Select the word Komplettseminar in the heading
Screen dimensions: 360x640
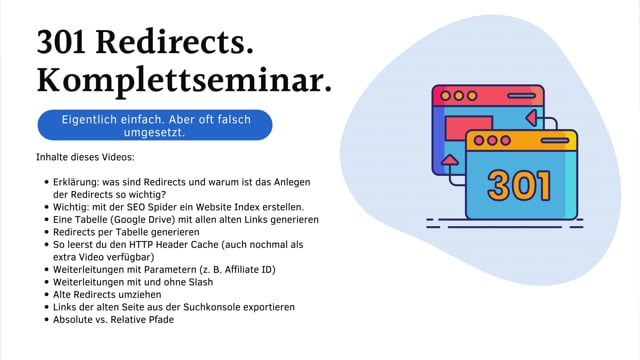tap(184, 83)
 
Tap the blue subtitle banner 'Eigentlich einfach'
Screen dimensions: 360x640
tap(154, 124)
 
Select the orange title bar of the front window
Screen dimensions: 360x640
tap(520, 140)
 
